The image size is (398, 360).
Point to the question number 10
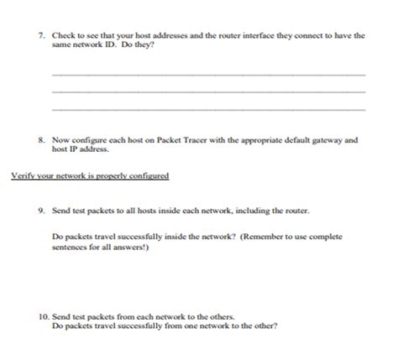pos(43,317)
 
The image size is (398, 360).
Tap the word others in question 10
pos(220,317)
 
